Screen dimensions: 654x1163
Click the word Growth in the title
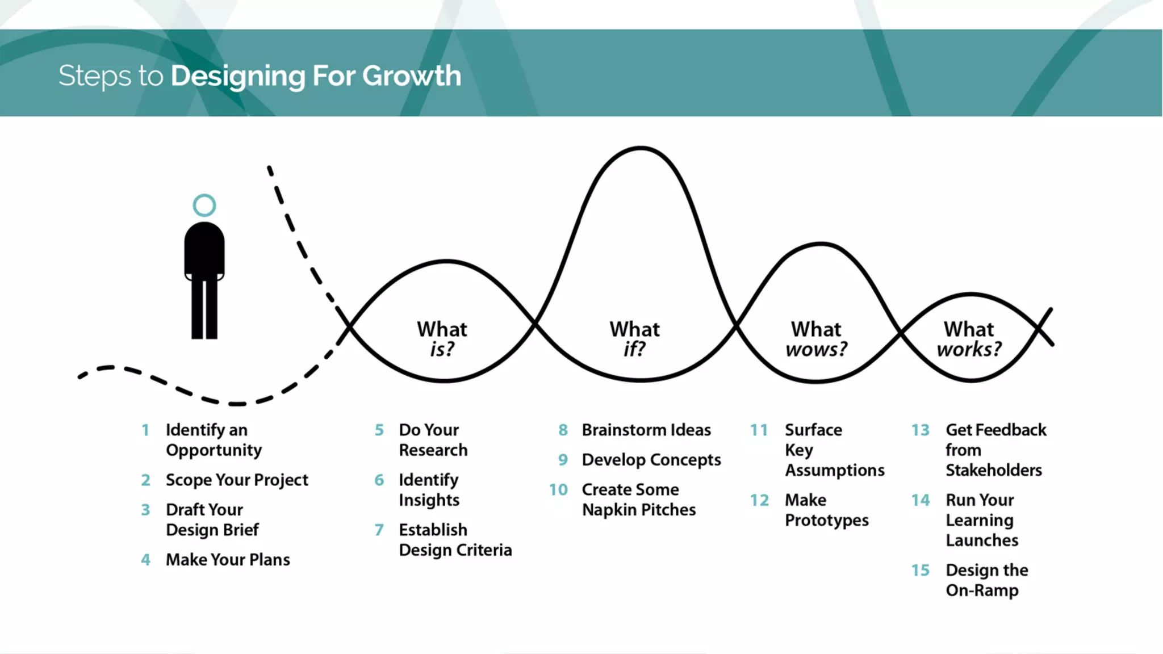[412, 76]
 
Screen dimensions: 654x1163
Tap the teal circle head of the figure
[204, 206]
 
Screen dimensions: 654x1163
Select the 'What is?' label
[442, 339]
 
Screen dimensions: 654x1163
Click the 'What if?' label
[634, 339]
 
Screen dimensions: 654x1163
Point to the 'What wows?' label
[816, 339]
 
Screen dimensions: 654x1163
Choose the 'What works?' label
[969, 339]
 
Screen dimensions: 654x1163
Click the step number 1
[145, 430]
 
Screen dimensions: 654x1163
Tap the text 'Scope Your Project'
[237, 480]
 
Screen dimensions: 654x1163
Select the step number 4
[146, 560]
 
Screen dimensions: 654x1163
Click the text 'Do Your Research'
[433, 440]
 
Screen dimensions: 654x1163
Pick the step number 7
[379, 530]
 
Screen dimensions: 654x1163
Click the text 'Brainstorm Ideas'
[646, 430]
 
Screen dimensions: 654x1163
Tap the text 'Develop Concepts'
[651, 460]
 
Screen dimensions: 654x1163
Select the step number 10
[558, 490]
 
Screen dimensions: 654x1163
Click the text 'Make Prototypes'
[826, 510]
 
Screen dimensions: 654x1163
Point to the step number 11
[759, 430]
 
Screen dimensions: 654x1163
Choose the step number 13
[921, 430]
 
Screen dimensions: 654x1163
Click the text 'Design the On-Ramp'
[987, 580]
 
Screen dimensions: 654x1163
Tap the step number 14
[921, 500]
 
